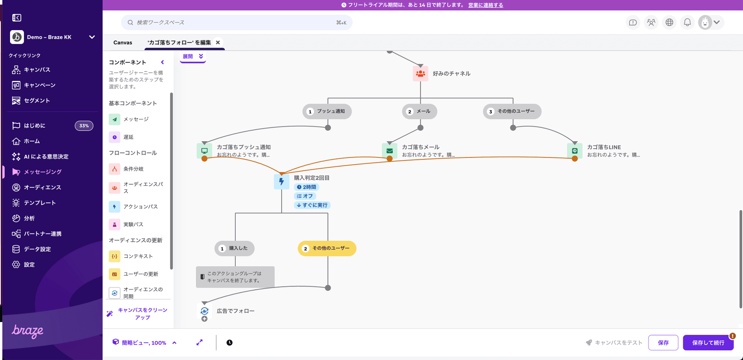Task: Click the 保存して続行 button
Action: (x=708, y=343)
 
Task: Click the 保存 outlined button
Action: (x=663, y=343)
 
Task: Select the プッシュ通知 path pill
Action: (x=327, y=111)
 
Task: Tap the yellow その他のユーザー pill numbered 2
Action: (x=327, y=249)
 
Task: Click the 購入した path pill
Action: (x=235, y=249)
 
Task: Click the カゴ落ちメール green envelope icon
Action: (x=390, y=151)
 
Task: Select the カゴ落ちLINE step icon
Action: (x=575, y=151)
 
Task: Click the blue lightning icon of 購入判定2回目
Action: (x=281, y=182)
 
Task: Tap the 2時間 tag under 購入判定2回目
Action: (x=306, y=187)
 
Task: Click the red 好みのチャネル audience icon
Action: (x=420, y=74)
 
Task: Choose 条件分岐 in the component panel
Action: (x=133, y=169)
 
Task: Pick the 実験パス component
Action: (x=133, y=225)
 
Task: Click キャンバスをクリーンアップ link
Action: (x=142, y=314)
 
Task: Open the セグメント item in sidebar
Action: (x=37, y=101)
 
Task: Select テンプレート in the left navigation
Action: (x=39, y=203)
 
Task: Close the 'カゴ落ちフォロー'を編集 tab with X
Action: (x=218, y=43)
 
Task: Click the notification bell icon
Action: (x=687, y=22)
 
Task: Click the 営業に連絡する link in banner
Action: (x=485, y=5)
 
